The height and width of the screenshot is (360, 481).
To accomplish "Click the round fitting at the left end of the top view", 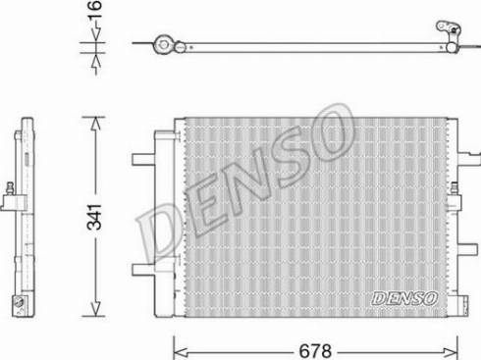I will tap(163, 43).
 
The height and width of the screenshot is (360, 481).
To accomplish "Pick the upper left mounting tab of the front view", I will tap(141, 156).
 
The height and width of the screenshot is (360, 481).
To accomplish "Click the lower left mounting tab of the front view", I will tap(141, 270).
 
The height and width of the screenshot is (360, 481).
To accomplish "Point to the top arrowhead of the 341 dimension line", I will tap(93, 122).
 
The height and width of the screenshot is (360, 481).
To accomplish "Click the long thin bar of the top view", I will tap(304, 43).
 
